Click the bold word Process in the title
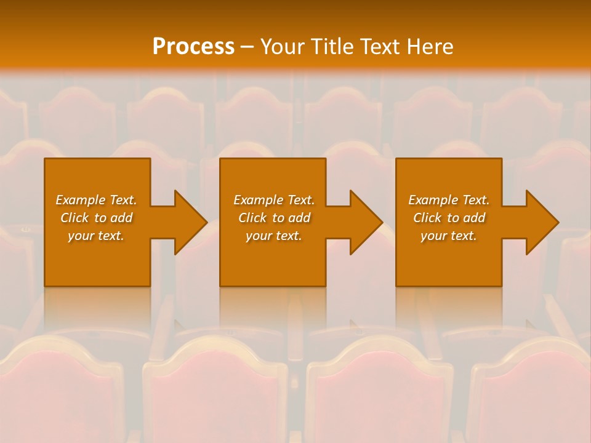coord(193,47)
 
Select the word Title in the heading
coord(332,47)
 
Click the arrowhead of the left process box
coord(190,222)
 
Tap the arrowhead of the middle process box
coord(366,222)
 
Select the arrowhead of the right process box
coord(542,222)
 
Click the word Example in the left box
coord(81,200)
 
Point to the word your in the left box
coord(81,236)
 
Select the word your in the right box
coord(433,236)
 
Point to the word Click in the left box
coord(74,218)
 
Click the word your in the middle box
coord(259,236)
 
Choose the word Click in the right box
coord(427,218)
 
